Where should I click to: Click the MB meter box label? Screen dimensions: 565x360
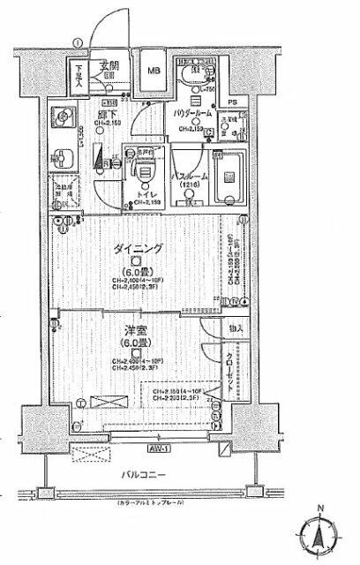(x=153, y=70)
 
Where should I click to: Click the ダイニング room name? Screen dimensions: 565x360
(x=136, y=250)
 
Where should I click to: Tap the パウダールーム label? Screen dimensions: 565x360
(x=187, y=116)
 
